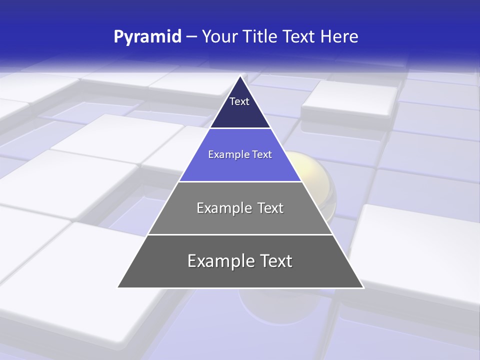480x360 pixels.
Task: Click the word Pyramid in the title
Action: click(147, 37)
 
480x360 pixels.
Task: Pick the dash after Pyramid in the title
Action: click(191, 37)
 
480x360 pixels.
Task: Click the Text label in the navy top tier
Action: click(239, 101)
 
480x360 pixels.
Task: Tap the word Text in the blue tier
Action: click(262, 154)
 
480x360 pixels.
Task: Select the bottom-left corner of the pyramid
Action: click(118, 287)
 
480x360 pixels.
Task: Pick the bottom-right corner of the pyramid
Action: click(363, 287)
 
